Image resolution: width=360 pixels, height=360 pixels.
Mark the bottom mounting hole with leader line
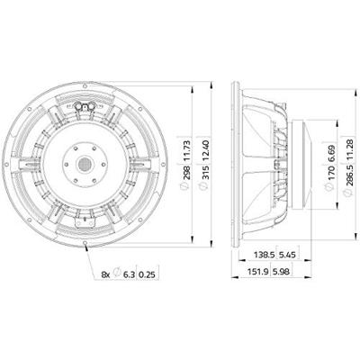coord(85,243)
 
